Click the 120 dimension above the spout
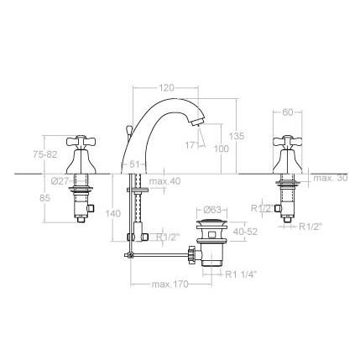pyautogui.click(x=167, y=87)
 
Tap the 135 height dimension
pyautogui.click(x=237, y=136)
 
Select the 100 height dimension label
pyautogui.click(x=222, y=149)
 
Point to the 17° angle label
pyautogui.click(x=191, y=145)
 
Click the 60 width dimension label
pyautogui.click(x=287, y=112)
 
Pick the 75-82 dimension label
pyautogui.click(x=45, y=154)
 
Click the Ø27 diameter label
pyautogui.click(x=60, y=181)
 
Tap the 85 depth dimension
pyautogui.click(x=44, y=198)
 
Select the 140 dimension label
pyautogui.click(x=113, y=213)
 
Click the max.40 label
pyautogui.click(x=165, y=181)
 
